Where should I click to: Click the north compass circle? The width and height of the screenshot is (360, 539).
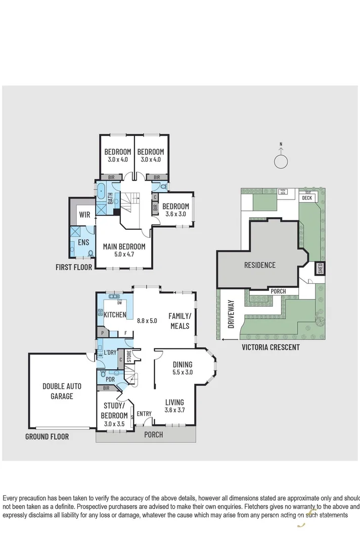click(281, 162)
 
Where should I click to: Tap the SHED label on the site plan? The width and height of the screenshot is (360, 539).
click(320, 268)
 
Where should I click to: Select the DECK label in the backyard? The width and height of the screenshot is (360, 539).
click(307, 198)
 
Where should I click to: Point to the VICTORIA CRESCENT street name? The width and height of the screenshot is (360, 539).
click(271, 347)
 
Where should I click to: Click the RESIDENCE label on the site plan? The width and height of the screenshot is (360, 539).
click(260, 265)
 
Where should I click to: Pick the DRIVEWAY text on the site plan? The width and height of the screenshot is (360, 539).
click(232, 314)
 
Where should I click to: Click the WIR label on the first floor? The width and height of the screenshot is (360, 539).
click(84, 215)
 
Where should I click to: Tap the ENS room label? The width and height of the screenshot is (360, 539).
click(83, 243)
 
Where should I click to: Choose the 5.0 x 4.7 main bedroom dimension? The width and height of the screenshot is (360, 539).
click(124, 255)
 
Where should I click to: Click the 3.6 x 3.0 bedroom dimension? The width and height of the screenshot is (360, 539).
click(175, 214)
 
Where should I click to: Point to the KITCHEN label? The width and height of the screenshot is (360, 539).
click(115, 315)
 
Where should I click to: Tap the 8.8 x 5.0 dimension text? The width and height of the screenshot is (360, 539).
click(148, 320)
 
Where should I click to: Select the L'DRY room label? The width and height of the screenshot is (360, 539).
click(110, 353)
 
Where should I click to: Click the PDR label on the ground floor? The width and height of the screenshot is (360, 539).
click(110, 379)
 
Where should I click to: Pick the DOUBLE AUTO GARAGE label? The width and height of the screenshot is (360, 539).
click(61, 391)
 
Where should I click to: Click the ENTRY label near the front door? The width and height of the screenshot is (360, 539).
click(144, 414)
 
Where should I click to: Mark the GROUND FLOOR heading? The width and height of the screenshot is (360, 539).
click(47, 436)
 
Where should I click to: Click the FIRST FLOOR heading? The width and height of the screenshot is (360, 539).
click(74, 267)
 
